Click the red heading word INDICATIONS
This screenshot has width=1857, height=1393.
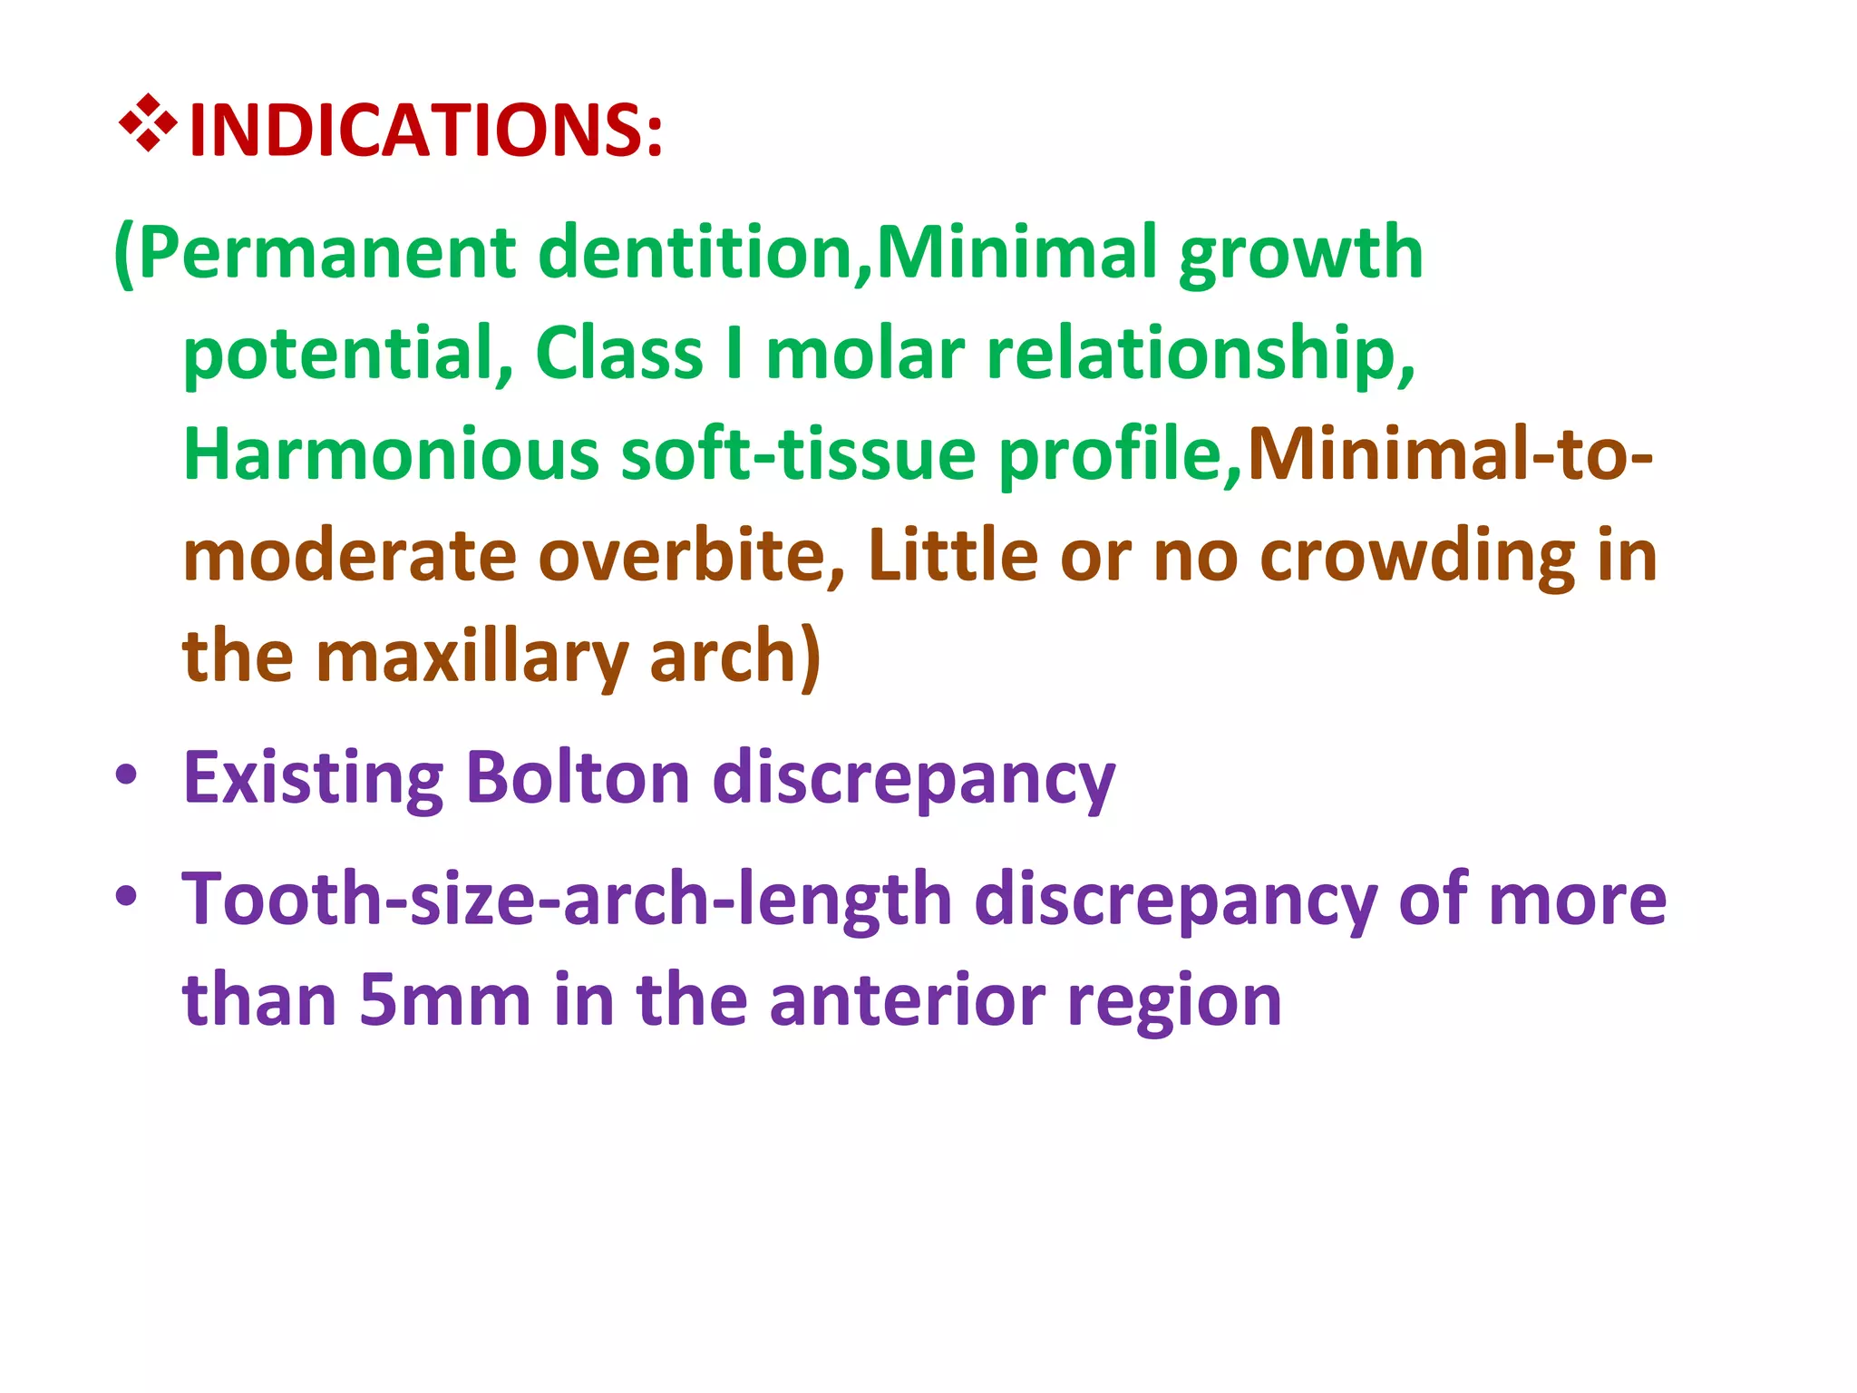424,131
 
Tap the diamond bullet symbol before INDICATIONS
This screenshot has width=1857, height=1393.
148,122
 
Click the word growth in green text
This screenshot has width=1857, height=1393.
1301,255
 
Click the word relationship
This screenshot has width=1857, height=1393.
1200,355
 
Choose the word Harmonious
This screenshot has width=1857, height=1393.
391,454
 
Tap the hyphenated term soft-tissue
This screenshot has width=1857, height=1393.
798,454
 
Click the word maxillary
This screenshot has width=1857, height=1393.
472,657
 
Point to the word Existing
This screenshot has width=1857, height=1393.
313,778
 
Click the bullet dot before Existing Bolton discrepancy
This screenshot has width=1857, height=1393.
126,775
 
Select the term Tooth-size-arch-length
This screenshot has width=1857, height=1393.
567,900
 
